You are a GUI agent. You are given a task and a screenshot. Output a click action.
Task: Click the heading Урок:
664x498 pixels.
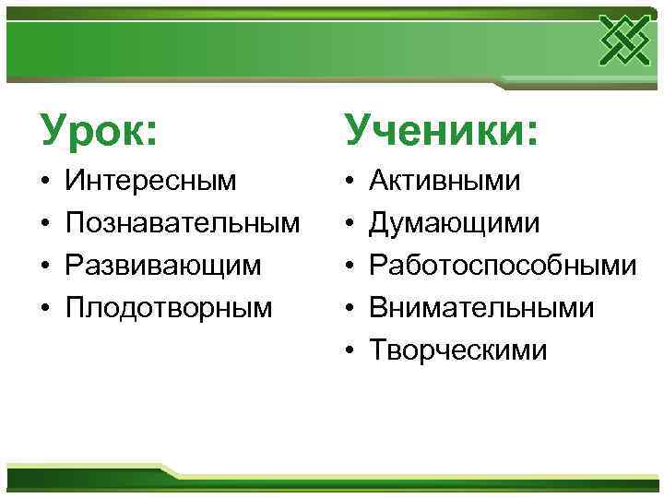tap(98, 129)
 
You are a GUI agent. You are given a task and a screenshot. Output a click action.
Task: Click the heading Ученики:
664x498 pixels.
tap(441, 129)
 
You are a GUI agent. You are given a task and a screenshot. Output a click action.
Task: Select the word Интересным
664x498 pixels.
tap(150, 180)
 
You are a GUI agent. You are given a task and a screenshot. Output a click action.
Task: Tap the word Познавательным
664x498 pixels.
tap(183, 222)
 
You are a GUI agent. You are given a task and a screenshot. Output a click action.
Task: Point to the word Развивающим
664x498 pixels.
tap(163, 265)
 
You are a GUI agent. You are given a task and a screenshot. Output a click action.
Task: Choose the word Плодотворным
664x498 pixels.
tap(169, 307)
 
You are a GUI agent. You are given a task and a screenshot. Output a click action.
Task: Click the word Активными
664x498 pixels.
tap(444, 180)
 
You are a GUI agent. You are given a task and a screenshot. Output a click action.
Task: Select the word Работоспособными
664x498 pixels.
tap(502, 265)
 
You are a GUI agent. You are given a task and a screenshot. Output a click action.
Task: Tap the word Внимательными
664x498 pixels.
tap(481, 307)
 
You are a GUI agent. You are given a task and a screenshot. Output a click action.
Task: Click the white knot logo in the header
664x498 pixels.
tap(624, 41)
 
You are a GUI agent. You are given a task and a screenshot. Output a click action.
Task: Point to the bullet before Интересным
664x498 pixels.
tap(44, 181)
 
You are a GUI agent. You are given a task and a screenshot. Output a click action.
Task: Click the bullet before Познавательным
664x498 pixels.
tap(44, 223)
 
